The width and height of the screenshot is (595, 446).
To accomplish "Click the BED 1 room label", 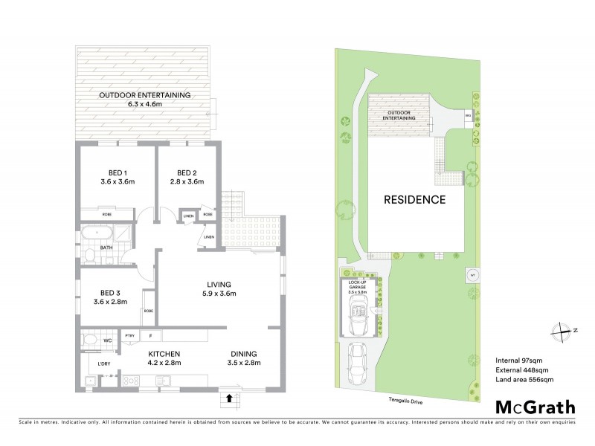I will tap(115, 171).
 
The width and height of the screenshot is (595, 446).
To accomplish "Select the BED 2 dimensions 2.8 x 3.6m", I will tap(187, 181).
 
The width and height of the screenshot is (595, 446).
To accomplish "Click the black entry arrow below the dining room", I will tap(229, 398).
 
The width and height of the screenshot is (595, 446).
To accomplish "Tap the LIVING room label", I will tap(219, 284).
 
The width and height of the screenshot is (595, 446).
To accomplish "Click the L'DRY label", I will tap(104, 363).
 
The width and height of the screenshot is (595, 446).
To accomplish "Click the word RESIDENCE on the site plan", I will tap(414, 199).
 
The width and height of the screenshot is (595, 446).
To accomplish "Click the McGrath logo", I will tap(535, 407).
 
